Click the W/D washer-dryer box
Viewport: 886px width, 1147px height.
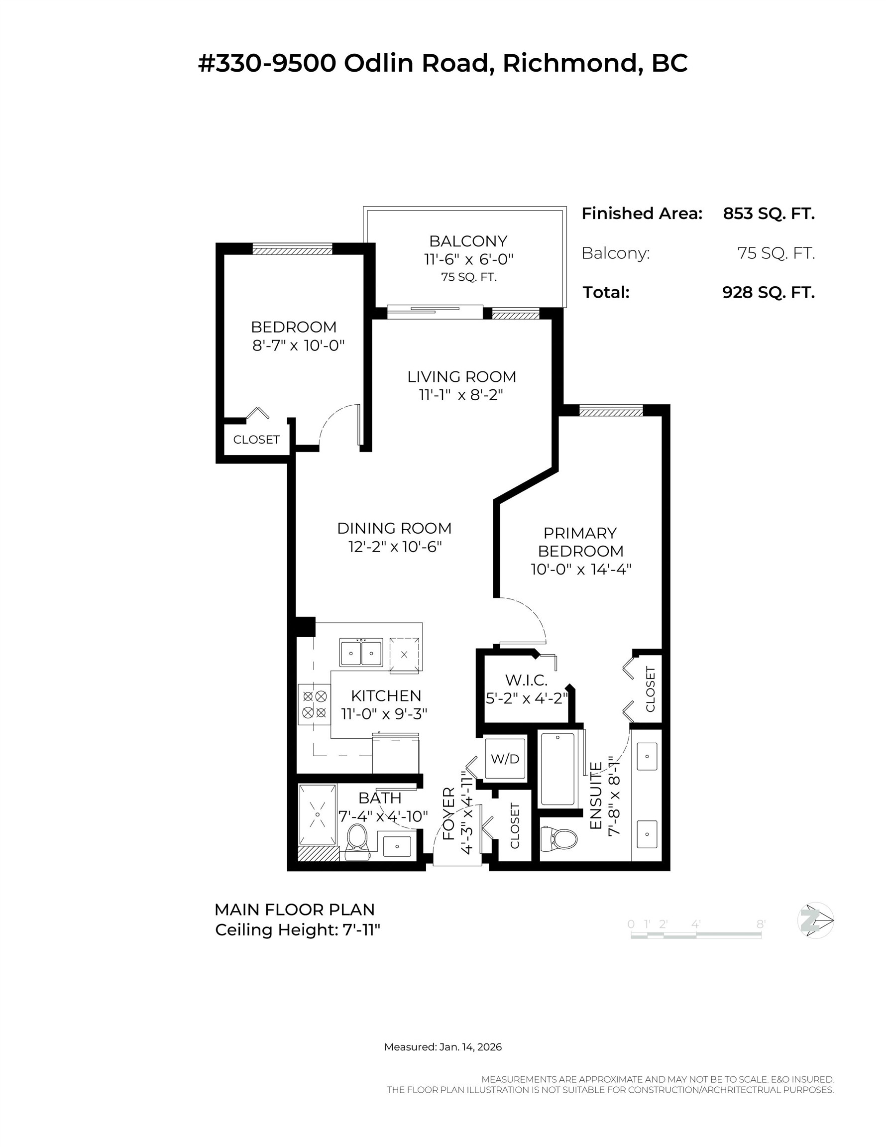click(x=505, y=758)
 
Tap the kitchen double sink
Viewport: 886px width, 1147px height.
click(x=361, y=653)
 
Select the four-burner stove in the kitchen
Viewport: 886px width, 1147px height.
click(x=315, y=705)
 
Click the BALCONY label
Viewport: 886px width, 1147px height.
click(x=468, y=241)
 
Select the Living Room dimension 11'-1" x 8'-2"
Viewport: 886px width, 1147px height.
click(x=461, y=395)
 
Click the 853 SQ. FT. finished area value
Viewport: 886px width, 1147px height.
click(x=769, y=214)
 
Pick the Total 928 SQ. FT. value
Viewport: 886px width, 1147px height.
click(x=769, y=293)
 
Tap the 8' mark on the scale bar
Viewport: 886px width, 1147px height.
click(x=760, y=924)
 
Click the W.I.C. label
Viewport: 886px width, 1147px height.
click(x=526, y=680)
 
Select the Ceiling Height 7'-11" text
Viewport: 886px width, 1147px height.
click(x=297, y=930)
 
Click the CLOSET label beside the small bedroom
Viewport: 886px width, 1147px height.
click(x=256, y=440)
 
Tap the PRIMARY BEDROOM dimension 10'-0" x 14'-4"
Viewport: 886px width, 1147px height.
click(x=580, y=570)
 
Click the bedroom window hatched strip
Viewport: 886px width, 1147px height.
click(x=292, y=250)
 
